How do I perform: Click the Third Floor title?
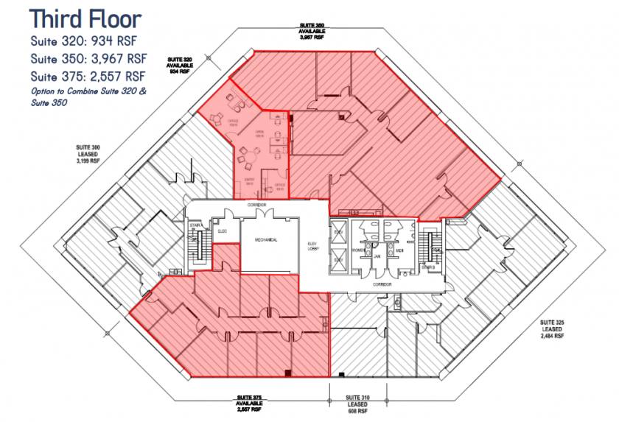(x=85, y=18)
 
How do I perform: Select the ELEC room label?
(x=223, y=231)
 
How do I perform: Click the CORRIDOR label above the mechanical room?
(x=257, y=204)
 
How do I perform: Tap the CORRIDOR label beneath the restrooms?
(x=381, y=283)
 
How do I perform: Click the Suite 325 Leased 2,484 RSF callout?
(x=551, y=328)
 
